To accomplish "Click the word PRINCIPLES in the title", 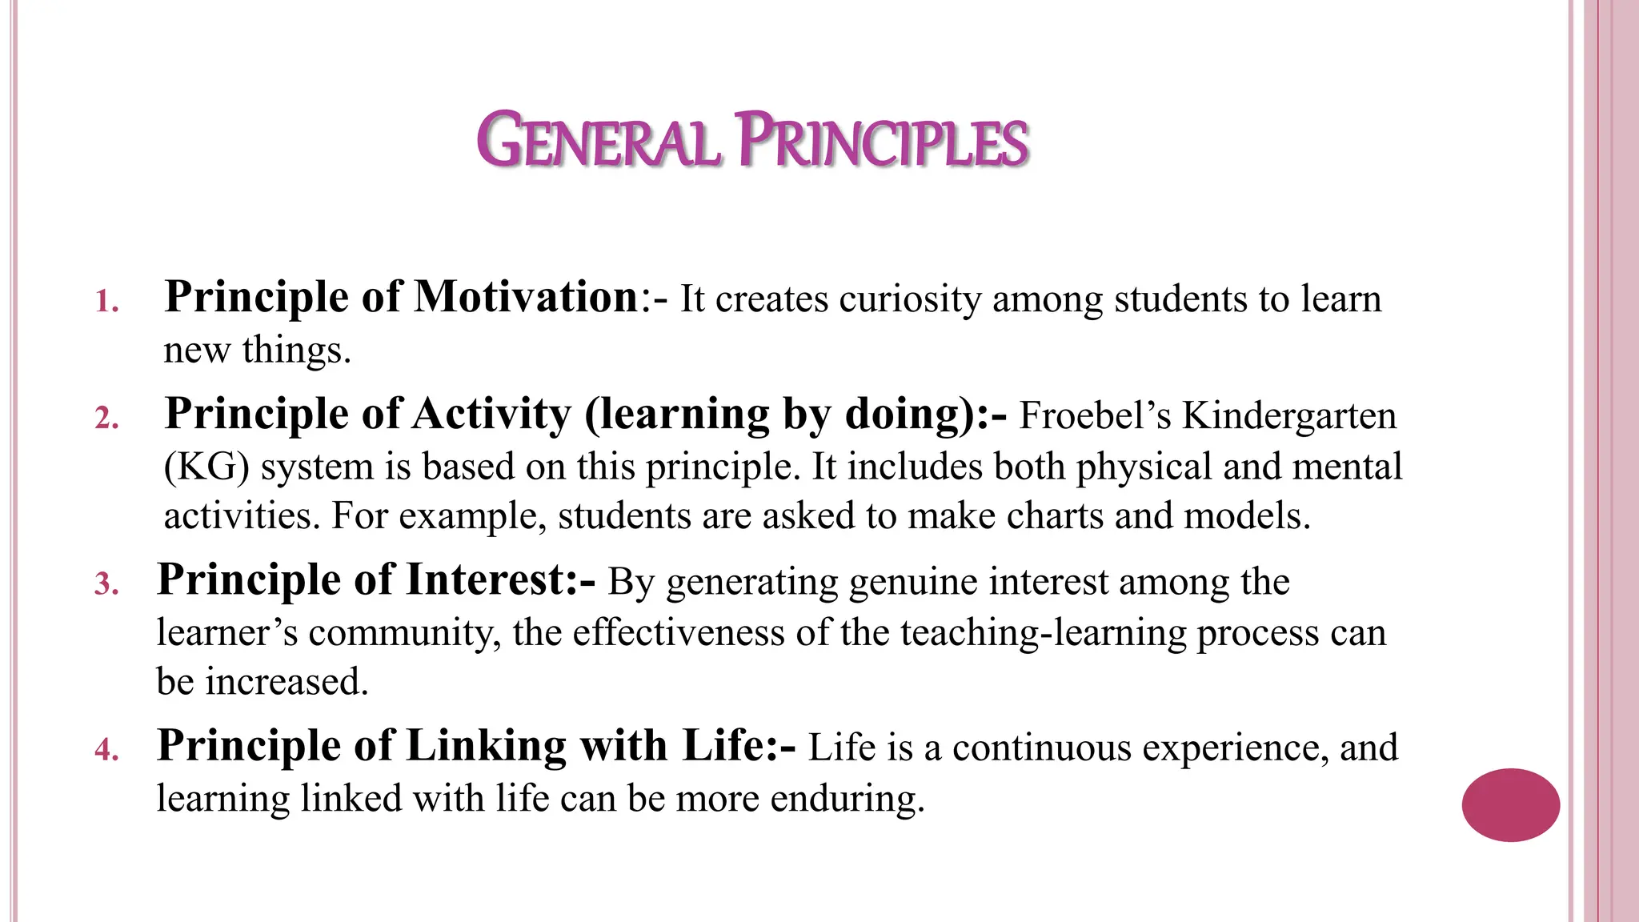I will tap(882, 142).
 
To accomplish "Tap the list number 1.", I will tap(106, 303).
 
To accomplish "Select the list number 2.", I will tap(106, 419).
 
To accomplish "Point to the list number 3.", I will tap(106, 584).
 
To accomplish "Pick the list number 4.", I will tap(106, 750).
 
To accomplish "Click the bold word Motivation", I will tap(526, 297).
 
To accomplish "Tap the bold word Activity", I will tap(492, 415).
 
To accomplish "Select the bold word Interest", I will tap(487, 579).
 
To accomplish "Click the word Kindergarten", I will tap(1289, 416).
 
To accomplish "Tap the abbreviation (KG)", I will tap(206, 467).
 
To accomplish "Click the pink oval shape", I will tap(1510, 805).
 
